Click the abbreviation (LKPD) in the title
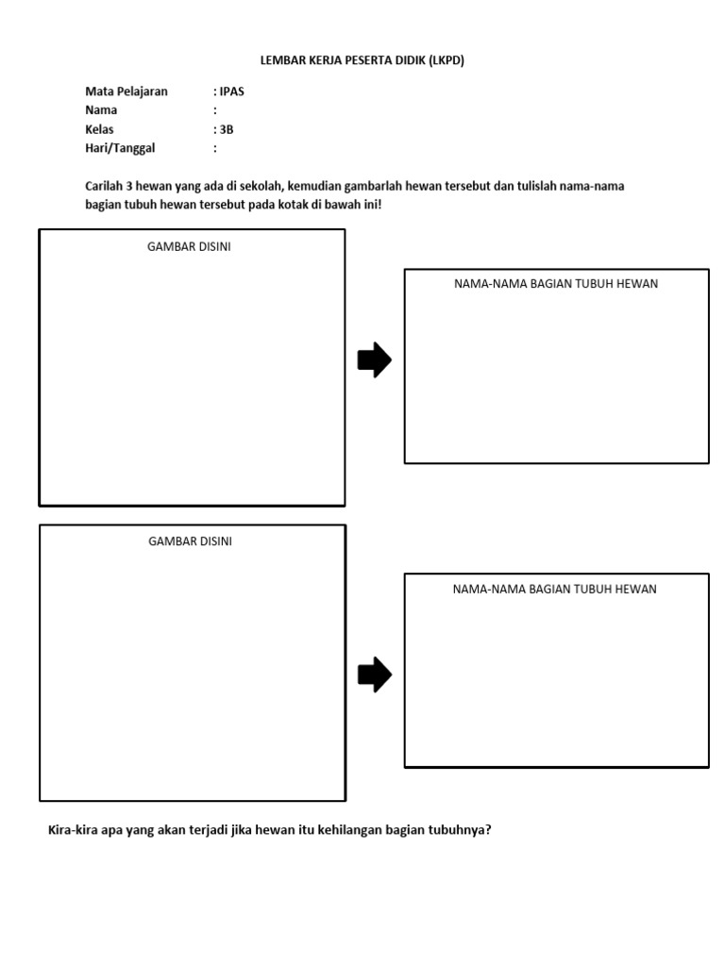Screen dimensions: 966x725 coord(447,60)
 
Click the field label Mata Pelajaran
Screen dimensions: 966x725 coord(126,92)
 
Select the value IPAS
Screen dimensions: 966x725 coord(231,92)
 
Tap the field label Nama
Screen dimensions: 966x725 coord(101,110)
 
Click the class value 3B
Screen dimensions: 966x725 coord(227,129)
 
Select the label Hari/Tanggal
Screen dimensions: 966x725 coord(120,148)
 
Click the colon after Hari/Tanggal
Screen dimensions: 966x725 coord(215,148)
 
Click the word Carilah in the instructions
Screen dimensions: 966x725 coord(106,186)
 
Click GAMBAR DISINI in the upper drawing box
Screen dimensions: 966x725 coord(189,247)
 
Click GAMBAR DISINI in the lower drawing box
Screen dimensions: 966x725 coord(190,541)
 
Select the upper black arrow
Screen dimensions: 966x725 coord(374,359)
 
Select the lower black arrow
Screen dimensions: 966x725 coord(374,675)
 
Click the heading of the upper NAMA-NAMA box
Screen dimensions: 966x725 coord(556,284)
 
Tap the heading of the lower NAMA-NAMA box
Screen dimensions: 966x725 coord(554,590)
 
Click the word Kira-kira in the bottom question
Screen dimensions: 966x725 coord(73,831)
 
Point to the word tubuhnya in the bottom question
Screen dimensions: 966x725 coord(457,831)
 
